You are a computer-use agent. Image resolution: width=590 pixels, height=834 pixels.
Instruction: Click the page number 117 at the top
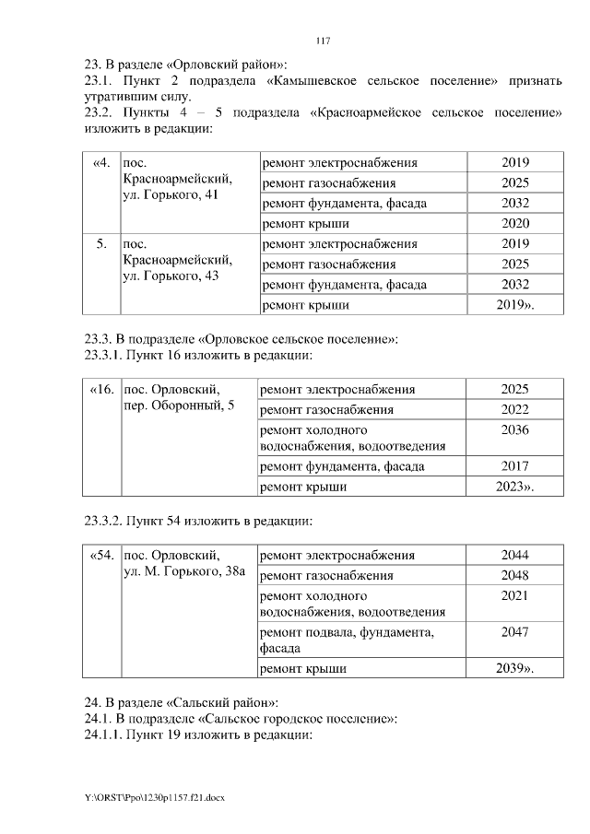pos(322,41)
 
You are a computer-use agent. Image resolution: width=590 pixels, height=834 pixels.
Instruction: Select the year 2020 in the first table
pos(515,223)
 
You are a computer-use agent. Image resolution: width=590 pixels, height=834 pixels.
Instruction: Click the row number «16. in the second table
pos(101,390)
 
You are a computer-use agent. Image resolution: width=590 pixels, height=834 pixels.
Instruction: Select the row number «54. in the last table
pos(101,556)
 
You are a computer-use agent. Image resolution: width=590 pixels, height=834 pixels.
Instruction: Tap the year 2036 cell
pos(515,430)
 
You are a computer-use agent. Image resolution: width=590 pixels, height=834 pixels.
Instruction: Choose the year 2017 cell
pos(515,466)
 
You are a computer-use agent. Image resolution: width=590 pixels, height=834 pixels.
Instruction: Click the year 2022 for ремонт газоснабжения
pos(515,410)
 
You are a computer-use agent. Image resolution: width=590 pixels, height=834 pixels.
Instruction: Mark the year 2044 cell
pos(515,556)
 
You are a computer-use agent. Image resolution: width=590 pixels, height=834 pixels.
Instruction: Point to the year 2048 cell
pos(515,576)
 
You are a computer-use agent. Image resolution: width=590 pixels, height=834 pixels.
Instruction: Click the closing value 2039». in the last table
pos(517,668)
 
